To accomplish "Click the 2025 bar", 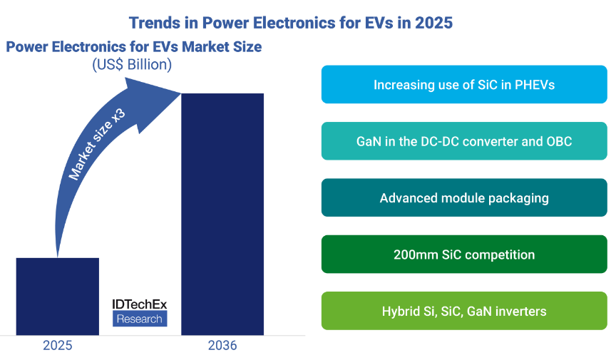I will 57,296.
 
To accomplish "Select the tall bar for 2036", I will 222,214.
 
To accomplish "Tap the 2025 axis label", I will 57,346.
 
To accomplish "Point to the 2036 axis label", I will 222,346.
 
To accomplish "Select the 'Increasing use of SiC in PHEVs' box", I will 464,85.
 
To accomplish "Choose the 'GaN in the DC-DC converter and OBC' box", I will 464,141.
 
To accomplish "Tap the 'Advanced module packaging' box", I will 464,197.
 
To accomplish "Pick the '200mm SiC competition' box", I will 464,254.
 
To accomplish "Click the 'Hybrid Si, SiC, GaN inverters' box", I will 464,311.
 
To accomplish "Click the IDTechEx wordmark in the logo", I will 140,304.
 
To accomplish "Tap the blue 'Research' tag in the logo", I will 140,319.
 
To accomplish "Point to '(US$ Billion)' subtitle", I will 132,64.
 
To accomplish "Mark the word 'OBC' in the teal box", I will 556,141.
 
